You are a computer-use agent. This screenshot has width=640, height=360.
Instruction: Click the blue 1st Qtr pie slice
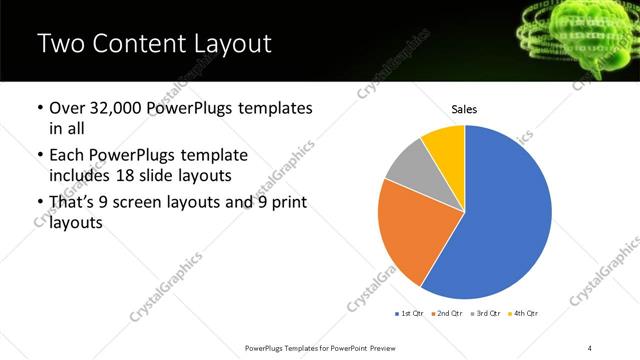[505, 220]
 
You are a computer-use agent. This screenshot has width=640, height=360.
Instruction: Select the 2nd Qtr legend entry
[447, 314]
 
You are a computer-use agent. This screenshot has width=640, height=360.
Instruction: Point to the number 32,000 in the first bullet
[115, 108]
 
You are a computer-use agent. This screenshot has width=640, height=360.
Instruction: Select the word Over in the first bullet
[69, 108]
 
